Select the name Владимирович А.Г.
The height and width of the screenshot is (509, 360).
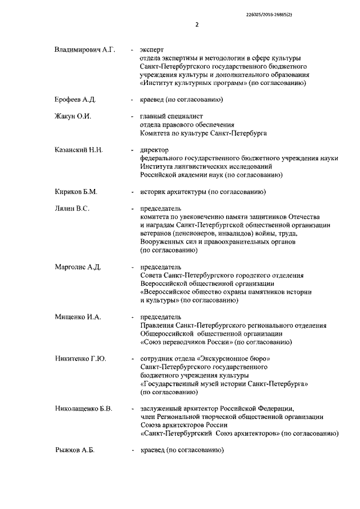(x=85, y=51)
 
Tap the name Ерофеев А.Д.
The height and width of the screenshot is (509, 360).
(x=75, y=100)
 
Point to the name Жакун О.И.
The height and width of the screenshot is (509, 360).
(x=73, y=116)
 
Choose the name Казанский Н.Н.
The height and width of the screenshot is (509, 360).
(x=78, y=150)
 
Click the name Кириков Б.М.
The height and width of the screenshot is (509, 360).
(x=76, y=192)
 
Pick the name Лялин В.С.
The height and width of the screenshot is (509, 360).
(x=72, y=209)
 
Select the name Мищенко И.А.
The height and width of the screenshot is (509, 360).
(x=78, y=317)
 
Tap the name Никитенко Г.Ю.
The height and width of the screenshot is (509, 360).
(x=81, y=358)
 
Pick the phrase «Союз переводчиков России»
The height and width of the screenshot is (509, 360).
(x=187, y=342)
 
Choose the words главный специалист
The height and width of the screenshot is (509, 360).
(x=167, y=116)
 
